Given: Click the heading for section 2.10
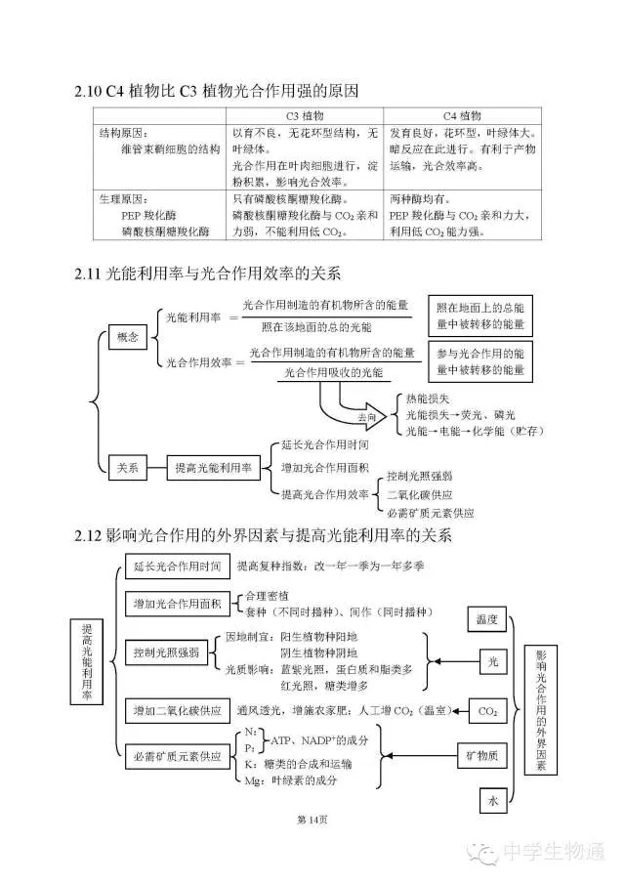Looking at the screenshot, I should tap(217, 92).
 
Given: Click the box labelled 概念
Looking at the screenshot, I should tap(128, 337).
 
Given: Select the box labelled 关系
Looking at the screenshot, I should tap(128, 468).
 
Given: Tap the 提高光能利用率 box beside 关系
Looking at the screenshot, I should tap(212, 468).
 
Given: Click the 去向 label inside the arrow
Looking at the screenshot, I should tap(365, 416).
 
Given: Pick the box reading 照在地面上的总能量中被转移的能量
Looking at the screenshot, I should tap(480, 315).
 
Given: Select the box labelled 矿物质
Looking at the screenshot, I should tap(485, 755).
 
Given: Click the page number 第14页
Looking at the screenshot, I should tap(312, 819).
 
